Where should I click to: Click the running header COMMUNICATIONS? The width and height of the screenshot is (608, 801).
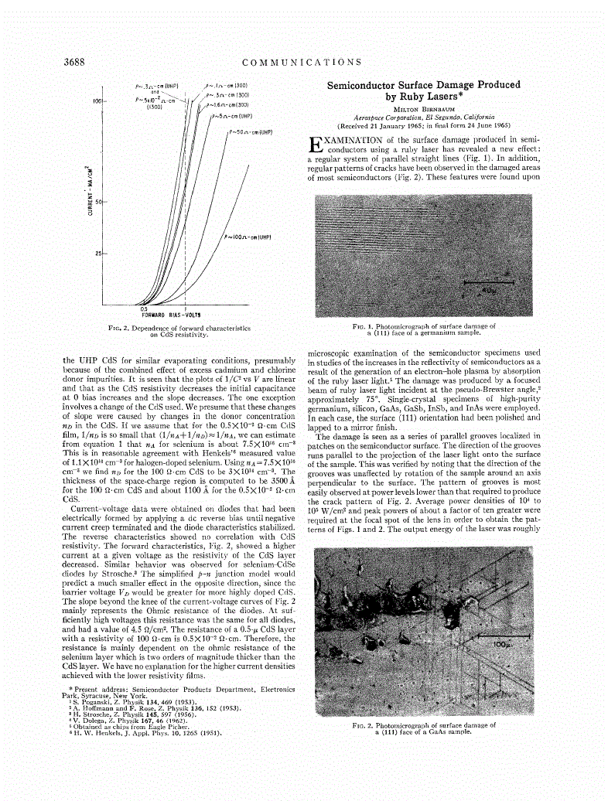coord(302,62)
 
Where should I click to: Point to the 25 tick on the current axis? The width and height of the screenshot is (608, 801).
coord(99,253)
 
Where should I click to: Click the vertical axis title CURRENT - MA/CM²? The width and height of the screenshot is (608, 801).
coord(89,190)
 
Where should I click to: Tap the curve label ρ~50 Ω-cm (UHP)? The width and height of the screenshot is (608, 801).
coord(251,132)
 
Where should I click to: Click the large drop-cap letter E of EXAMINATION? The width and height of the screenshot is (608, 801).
coord(313,144)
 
